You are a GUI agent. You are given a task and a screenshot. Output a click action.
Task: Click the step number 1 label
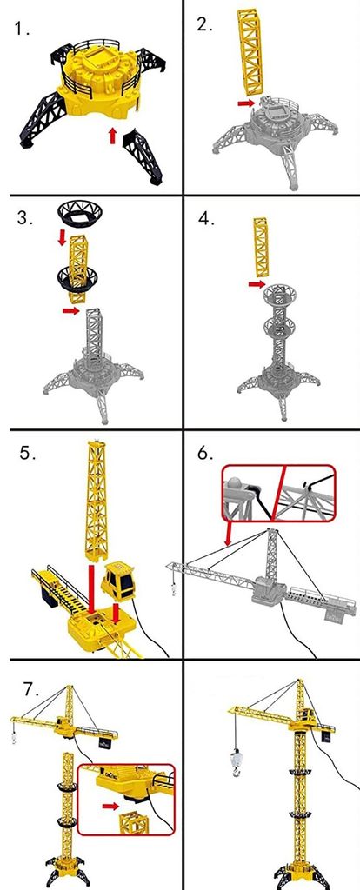pyautogui.click(x=22, y=29)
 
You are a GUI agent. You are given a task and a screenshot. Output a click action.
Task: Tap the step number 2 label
pyautogui.click(x=204, y=24)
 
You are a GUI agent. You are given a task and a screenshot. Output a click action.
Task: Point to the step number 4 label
pyautogui.click(x=206, y=219)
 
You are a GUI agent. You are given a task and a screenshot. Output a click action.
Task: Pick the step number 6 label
pyautogui.click(x=206, y=454)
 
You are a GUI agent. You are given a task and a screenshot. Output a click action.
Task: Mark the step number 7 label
pyautogui.click(x=31, y=689)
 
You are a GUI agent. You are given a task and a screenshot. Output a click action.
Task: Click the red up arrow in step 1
pyautogui.click(x=112, y=135)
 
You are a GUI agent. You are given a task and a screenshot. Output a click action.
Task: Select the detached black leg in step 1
pyautogui.click(x=143, y=155)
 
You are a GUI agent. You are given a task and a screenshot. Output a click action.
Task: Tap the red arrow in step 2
pyautogui.click(x=246, y=103)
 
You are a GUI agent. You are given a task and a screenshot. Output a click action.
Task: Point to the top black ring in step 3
pyautogui.click(x=79, y=213)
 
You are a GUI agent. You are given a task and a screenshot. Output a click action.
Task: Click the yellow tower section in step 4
pyautogui.click(x=262, y=247)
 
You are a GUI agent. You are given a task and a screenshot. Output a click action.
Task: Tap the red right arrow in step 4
pyautogui.click(x=257, y=284)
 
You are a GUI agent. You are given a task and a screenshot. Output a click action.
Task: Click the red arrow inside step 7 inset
pyautogui.click(x=110, y=806)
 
